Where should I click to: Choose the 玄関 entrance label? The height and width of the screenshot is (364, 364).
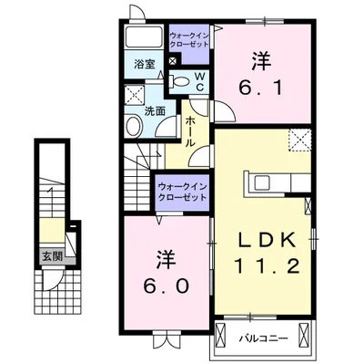pos(50,257)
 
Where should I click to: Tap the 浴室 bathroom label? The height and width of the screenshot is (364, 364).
pos(145,65)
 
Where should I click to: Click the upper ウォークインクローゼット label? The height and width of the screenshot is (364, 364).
pos(188,39)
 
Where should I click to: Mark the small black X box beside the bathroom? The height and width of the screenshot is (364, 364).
pos(173,62)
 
